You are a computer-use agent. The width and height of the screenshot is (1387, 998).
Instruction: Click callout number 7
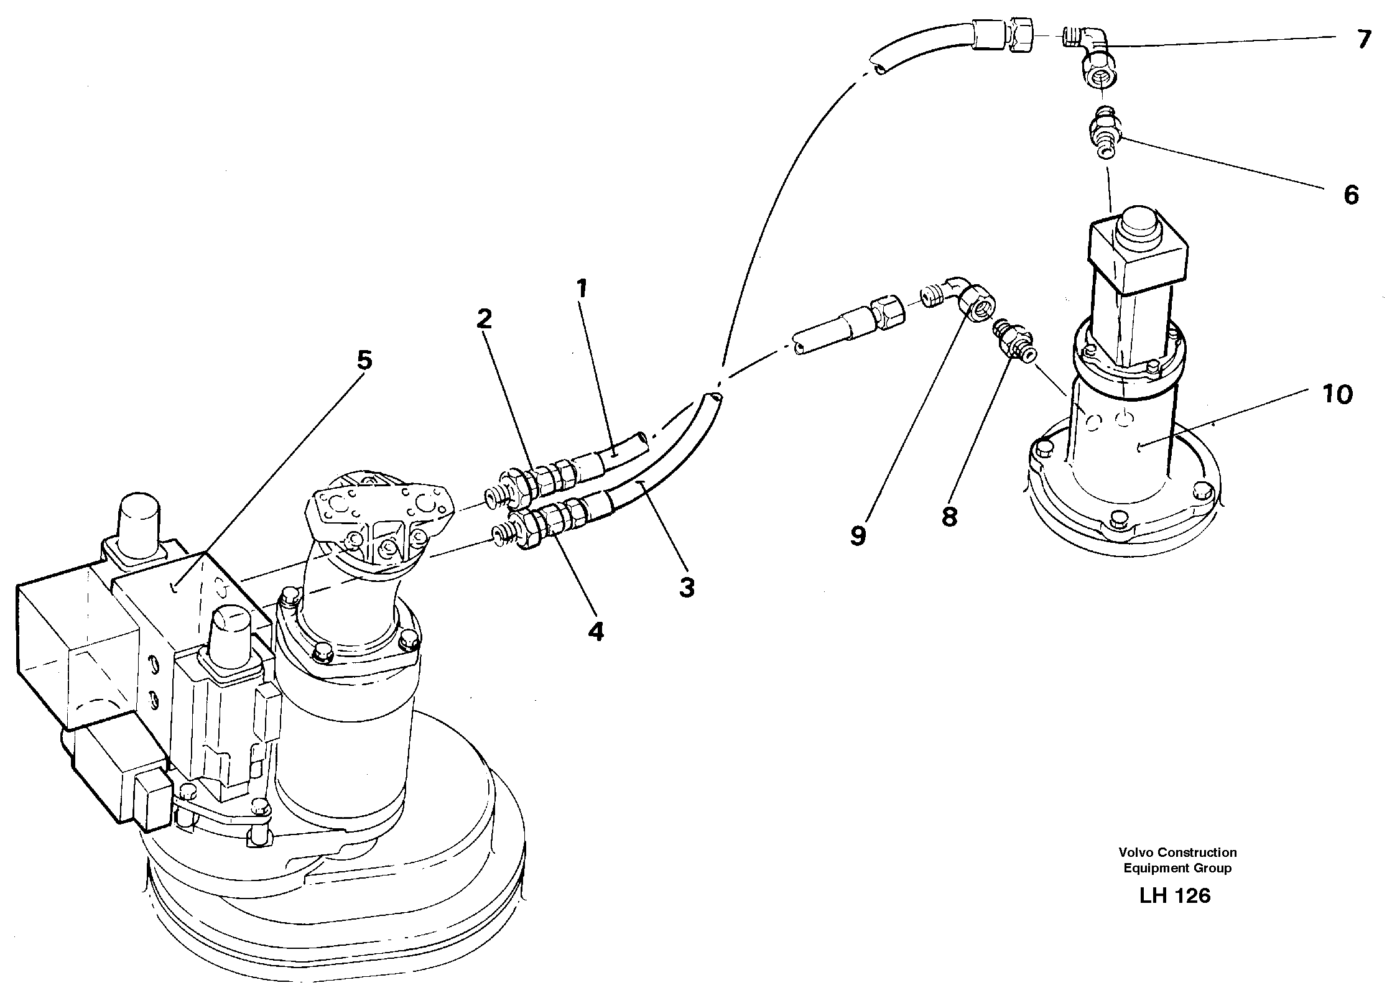pyautogui.click(x=1364, y=40)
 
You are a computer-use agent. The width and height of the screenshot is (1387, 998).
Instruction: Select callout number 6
pyautogui.click(x=1351, y=196)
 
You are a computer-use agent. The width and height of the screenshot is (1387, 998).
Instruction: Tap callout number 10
pyautogui.click(x=1337, y=394)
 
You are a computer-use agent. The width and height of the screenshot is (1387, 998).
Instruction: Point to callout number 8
pyautogui.click(x=949, y=516)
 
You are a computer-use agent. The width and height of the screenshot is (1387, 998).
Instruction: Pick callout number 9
pyautogui.click(x=858, y=535)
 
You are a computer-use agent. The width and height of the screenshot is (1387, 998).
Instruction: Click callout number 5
pyautogui.click(x=364, y=360)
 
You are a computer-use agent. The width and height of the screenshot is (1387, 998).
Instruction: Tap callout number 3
pyautogui.click(x=686, y=588)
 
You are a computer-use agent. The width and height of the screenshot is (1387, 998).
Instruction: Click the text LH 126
pyautogui.click(x=1175, y=896)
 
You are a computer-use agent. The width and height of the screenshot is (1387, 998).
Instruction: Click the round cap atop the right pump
pyautogui.click(x=1139, y=229)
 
